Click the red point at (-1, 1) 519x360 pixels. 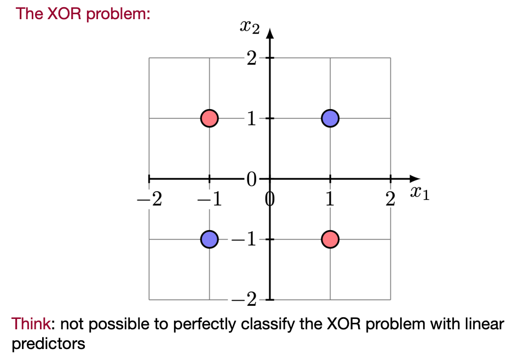click(209, 118)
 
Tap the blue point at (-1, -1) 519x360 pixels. click(209, 239)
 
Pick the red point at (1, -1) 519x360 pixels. click(330, 239)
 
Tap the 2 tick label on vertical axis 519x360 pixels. click(251, 58)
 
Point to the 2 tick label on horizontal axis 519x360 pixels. click(390, 199)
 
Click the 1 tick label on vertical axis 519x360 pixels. click(251, 118)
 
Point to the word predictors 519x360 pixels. click(48, 344)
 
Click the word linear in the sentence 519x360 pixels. click(485, 324)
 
